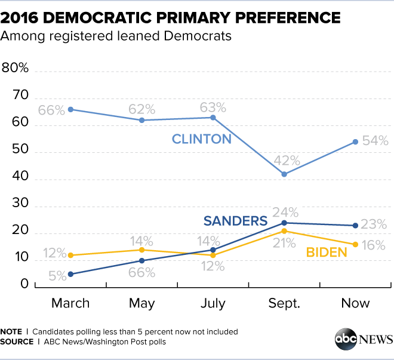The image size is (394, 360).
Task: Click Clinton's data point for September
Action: pyautogui.click(x=284, y=174)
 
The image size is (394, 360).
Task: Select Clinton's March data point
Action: pyautogui.click(x=70, y=109)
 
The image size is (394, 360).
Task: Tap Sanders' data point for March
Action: pyautogui.click(x=70, y=274)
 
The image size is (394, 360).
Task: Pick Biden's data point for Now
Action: pyautogui.click(x=355, y=244)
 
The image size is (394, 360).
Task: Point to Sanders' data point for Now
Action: pyautogui.click(x=355, y=225)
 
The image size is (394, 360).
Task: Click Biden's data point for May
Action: pyautogui.click(x=142, y=250)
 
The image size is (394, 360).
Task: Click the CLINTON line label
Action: pyautogui.click(x=201, y=140)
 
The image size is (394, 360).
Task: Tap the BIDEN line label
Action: pyautogui.click(x=327, y=252)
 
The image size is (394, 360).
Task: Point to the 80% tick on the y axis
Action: pyautogui.click(x=16, y=68)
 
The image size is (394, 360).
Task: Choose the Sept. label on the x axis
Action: pyautogui.click(x=284, y=303)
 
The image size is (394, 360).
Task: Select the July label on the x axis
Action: pyautogui.click(x=213, y=303)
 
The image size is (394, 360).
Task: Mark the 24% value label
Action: pyautogui.click(x=285, y=211)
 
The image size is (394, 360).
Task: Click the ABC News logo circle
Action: pyautogui.click(x=345, y=340)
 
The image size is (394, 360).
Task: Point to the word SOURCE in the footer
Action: pyautogui.click(x=17, y=342)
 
